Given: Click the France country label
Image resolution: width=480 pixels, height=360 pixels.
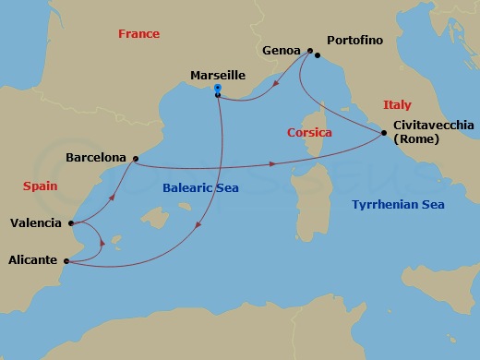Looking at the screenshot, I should click(138, 34).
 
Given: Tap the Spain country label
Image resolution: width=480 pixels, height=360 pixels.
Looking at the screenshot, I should click(40, 186).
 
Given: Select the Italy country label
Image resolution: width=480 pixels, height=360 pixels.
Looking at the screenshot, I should click(397, 105).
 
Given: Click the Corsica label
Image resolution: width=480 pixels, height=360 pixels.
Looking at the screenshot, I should click(309, 133).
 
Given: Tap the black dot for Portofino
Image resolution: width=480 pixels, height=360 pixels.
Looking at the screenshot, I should click(318, 55).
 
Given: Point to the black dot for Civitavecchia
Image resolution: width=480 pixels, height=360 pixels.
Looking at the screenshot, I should click(383, 135).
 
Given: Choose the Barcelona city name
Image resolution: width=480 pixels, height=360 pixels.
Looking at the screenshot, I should click(96, 158).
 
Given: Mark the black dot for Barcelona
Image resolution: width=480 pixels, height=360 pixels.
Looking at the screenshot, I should click(135, 159).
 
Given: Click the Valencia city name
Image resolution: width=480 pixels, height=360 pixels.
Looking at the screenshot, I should click(36, 222).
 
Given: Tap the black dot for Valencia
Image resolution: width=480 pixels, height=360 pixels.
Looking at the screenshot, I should click(71, 222).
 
